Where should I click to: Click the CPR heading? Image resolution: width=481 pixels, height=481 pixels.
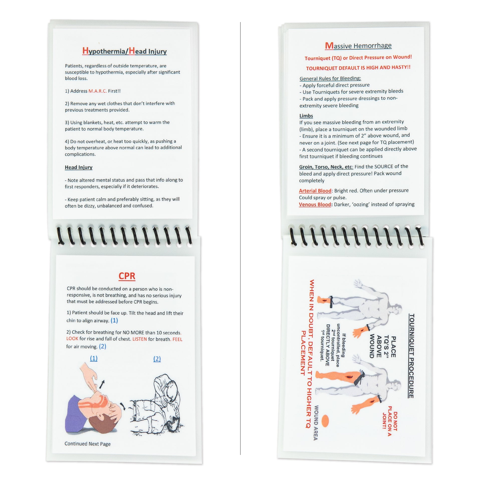[127, 276]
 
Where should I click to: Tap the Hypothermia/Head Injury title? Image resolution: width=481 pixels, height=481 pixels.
[125, 51]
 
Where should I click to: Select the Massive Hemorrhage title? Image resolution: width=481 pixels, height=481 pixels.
[358, 46]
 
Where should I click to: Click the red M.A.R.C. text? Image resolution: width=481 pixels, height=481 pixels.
[97, 91]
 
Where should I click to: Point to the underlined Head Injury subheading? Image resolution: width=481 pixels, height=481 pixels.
[79, 167]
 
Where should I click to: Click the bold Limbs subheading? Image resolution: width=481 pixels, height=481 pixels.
[306, 116]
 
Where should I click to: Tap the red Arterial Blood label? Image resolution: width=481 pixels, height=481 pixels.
[315, 191]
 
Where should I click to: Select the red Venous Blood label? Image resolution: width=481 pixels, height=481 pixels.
[315, 204]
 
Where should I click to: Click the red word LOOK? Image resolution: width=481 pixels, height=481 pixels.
[72, 338]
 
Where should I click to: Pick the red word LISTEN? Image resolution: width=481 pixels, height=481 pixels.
[140, 339]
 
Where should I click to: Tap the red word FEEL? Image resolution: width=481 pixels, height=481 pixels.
[177, 339]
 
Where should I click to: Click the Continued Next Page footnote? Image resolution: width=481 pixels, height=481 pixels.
[87, 444]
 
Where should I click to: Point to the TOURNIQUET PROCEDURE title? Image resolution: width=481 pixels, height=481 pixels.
[411, 356]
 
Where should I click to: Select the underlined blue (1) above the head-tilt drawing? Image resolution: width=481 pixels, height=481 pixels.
[94, 358]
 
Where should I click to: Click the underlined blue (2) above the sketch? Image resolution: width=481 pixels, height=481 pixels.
[157, 359]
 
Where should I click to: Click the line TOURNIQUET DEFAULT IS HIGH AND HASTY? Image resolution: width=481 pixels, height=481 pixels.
[358, 68]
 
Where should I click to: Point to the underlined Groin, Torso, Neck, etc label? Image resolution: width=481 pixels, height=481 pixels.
[326, 167]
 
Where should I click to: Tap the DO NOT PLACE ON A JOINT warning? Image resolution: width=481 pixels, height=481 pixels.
[390, 421]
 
